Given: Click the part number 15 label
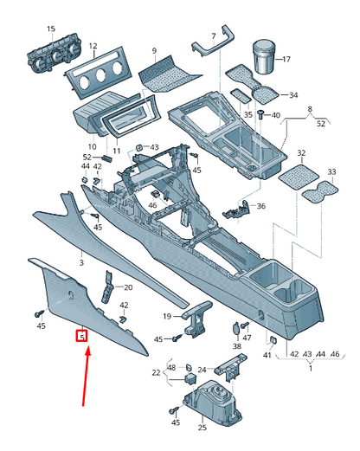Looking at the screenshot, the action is [x=51, y=29].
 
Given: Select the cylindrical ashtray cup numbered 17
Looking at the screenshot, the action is [x=264, y=57].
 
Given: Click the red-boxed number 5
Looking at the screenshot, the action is [x=82, y=336].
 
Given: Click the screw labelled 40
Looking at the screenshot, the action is [x=261, y=115].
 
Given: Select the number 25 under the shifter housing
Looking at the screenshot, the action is [x=202, y=428].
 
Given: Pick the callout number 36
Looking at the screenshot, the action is [x=260, y=206].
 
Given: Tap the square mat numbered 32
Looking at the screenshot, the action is [x=299, y=177].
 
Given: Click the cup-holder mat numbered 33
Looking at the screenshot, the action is [x=320, y=192].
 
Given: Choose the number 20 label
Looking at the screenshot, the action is [x=128, y=287].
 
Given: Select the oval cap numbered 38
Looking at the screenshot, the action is [x=236, y=328].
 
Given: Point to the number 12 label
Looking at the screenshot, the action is [x=93, y=46].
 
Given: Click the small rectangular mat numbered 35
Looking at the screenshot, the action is [x=241, y=96].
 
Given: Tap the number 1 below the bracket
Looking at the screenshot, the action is [x=311, y=369].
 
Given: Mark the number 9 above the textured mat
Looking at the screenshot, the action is [x=154, y=51].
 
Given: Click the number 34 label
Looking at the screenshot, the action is [x=293, y=95].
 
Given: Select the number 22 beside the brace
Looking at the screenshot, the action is [x=156, y=373].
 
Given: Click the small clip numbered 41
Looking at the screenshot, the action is [x=273, y=340].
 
